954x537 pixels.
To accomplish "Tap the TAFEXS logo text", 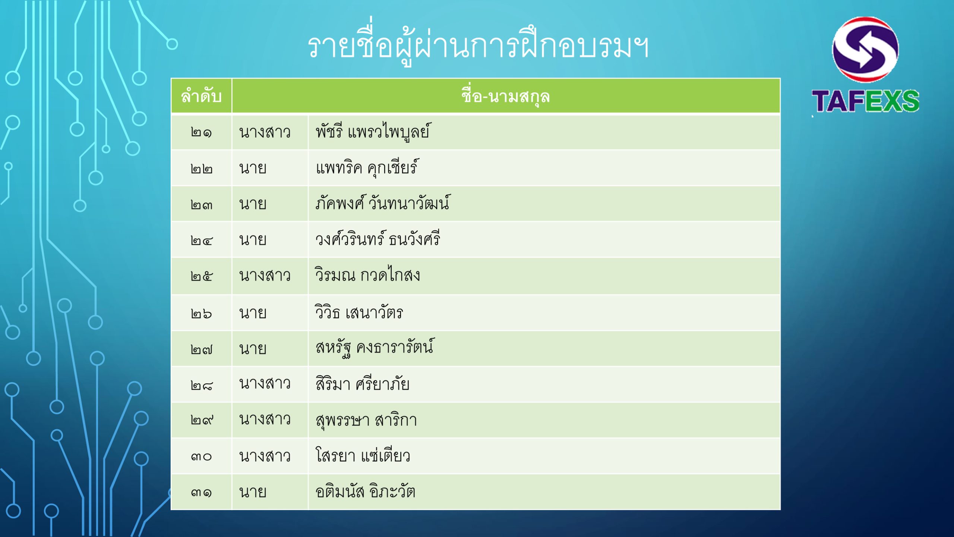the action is click(x=865, y=101).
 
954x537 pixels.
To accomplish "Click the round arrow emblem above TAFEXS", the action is click(x=865, y=49).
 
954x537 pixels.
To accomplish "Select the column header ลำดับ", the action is click(x=201, y=96).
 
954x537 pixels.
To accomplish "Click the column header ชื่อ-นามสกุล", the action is click(x=506, y=96).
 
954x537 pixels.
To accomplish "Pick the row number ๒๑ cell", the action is click(x=201, y=132).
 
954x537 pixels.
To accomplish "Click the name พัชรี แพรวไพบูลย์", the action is click(x=372, y=132).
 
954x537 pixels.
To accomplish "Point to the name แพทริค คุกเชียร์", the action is click(x=367, y=167).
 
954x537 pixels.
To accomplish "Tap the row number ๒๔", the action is click(x=201, y=241).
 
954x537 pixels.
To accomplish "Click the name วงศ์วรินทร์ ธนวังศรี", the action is click(x=378, y=239).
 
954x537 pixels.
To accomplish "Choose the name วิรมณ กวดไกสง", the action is click(x=367, y=275).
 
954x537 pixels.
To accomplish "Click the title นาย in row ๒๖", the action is click(x=253, y=313).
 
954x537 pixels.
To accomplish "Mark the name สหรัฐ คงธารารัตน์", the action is click(x=375, y=348).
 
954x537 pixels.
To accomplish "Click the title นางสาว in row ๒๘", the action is click(x=265, y=384).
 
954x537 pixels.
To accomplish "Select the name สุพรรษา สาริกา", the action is click(x=366, y=420).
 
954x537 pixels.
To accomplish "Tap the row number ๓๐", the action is click(x=201, y=456).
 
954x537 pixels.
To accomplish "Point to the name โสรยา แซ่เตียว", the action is click(x=363, y=455).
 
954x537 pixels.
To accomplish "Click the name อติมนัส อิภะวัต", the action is click(x=365, y=491).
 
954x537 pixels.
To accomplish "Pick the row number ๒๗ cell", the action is click(x=201, y=349).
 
